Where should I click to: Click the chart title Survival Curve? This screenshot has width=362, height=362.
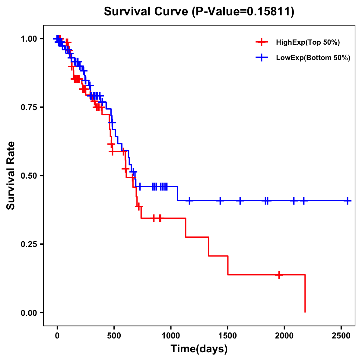(199, 12)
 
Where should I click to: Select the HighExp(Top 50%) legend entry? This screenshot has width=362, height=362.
(308, 43)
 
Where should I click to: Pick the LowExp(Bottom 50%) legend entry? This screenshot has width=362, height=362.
(313, 58)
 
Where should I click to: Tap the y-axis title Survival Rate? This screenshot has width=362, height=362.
(11, 175)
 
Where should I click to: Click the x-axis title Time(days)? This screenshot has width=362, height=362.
(199, 349)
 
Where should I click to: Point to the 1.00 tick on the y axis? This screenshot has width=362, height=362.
(29, 39)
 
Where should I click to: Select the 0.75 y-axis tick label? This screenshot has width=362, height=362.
(29, 107)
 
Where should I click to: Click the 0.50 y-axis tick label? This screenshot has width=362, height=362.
(29, 176)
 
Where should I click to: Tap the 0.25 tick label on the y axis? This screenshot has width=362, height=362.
(29, 244)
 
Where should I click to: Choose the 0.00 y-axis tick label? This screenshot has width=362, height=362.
(29, 313)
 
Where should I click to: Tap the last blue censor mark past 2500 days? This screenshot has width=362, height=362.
(348, 201)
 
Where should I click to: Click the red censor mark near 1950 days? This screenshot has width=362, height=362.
(279, 275)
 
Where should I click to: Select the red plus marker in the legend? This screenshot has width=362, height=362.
(262, 42)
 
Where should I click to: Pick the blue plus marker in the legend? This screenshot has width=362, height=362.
(262, 58)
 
